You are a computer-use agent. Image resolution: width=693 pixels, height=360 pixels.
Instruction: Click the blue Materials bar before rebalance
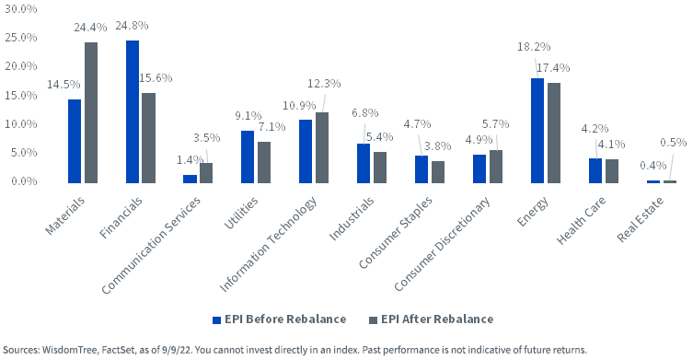click(75, 141)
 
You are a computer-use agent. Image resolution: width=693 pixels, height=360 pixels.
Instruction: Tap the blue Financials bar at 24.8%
click(133, 111)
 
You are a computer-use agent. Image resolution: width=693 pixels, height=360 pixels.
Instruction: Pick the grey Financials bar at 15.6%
click(149, 138)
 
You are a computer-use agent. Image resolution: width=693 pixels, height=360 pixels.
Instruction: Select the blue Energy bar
click(537, 131)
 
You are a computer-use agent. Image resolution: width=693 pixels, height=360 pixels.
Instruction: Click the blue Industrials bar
click(364, 163)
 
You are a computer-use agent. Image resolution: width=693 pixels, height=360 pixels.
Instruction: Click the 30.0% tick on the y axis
click(21, 9)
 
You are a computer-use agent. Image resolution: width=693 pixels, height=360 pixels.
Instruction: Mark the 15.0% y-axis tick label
click(21, 95)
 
